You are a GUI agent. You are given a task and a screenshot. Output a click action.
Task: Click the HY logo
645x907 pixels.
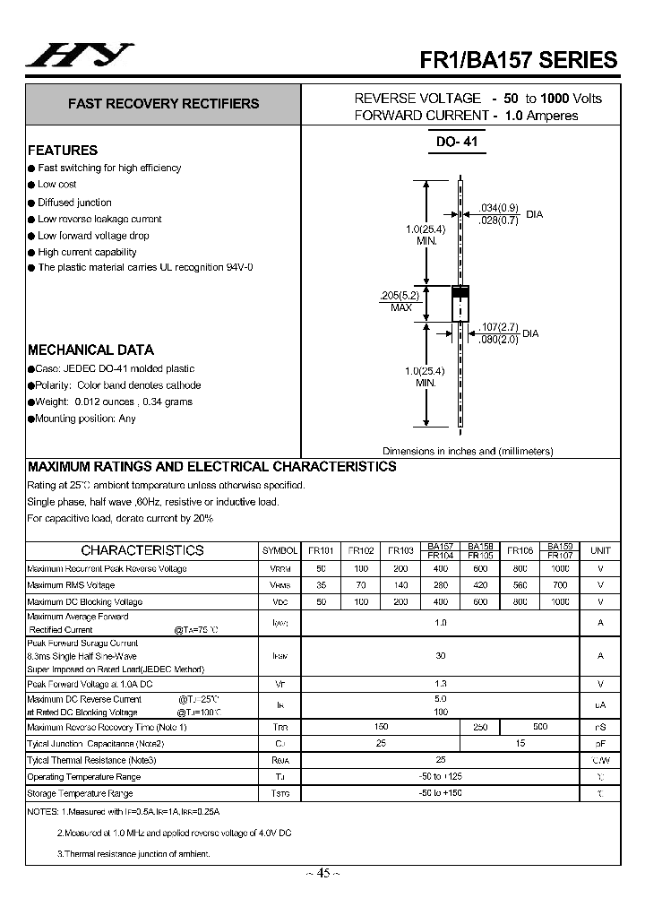coord(79,56)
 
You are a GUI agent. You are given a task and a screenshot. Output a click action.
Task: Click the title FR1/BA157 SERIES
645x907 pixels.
coord(519,60)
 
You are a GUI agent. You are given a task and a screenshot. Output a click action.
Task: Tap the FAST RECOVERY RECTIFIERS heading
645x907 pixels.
coord(163,104)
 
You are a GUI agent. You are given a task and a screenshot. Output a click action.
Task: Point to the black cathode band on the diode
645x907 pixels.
coord(460,292)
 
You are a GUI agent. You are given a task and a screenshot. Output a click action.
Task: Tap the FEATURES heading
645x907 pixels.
coord(63,151)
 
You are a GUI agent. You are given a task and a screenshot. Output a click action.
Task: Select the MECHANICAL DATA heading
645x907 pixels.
coord(90,350)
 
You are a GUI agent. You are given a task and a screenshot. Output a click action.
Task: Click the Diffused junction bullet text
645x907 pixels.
coord(74,203)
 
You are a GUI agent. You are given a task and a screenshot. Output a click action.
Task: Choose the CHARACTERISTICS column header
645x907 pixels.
coord(142,550)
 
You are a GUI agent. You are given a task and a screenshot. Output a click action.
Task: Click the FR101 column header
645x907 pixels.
coord(321,550)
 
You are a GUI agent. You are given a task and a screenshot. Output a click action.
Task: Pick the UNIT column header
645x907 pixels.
coord(600,550)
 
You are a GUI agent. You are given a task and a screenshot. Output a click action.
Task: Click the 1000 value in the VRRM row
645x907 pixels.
coord(560,568)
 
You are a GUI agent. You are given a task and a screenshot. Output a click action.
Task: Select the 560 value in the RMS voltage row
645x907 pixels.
coord(520,585)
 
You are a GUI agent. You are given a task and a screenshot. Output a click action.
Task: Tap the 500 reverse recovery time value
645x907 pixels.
coord(540,727)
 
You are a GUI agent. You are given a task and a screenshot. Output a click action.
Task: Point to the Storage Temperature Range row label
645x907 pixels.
coord(80,793)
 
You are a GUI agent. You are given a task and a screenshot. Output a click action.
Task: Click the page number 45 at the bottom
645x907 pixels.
coord(323,873)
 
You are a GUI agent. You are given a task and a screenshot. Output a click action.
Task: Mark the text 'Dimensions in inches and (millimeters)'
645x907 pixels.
coord(468,451)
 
